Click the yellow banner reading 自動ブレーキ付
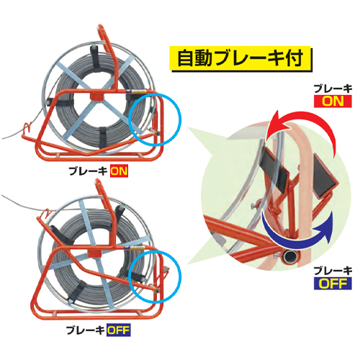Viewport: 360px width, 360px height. click(x=240, y=58)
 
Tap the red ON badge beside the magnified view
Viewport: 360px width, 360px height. click(x=333, y=101)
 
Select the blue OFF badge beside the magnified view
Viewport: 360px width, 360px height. click(x=333, y=283)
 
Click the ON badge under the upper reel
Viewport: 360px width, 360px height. click(x=119, y=171)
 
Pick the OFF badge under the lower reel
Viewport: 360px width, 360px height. click(x=119, y=330)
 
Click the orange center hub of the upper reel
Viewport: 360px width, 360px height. click(x=98, y=96)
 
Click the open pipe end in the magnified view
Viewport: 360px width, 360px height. click(x=291, y=256)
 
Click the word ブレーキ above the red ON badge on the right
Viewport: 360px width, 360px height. click(x=333, y=89)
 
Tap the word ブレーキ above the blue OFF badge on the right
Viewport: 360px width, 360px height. click(x=333, y=271)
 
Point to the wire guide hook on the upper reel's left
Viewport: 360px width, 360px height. click(x=27, y=127)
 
